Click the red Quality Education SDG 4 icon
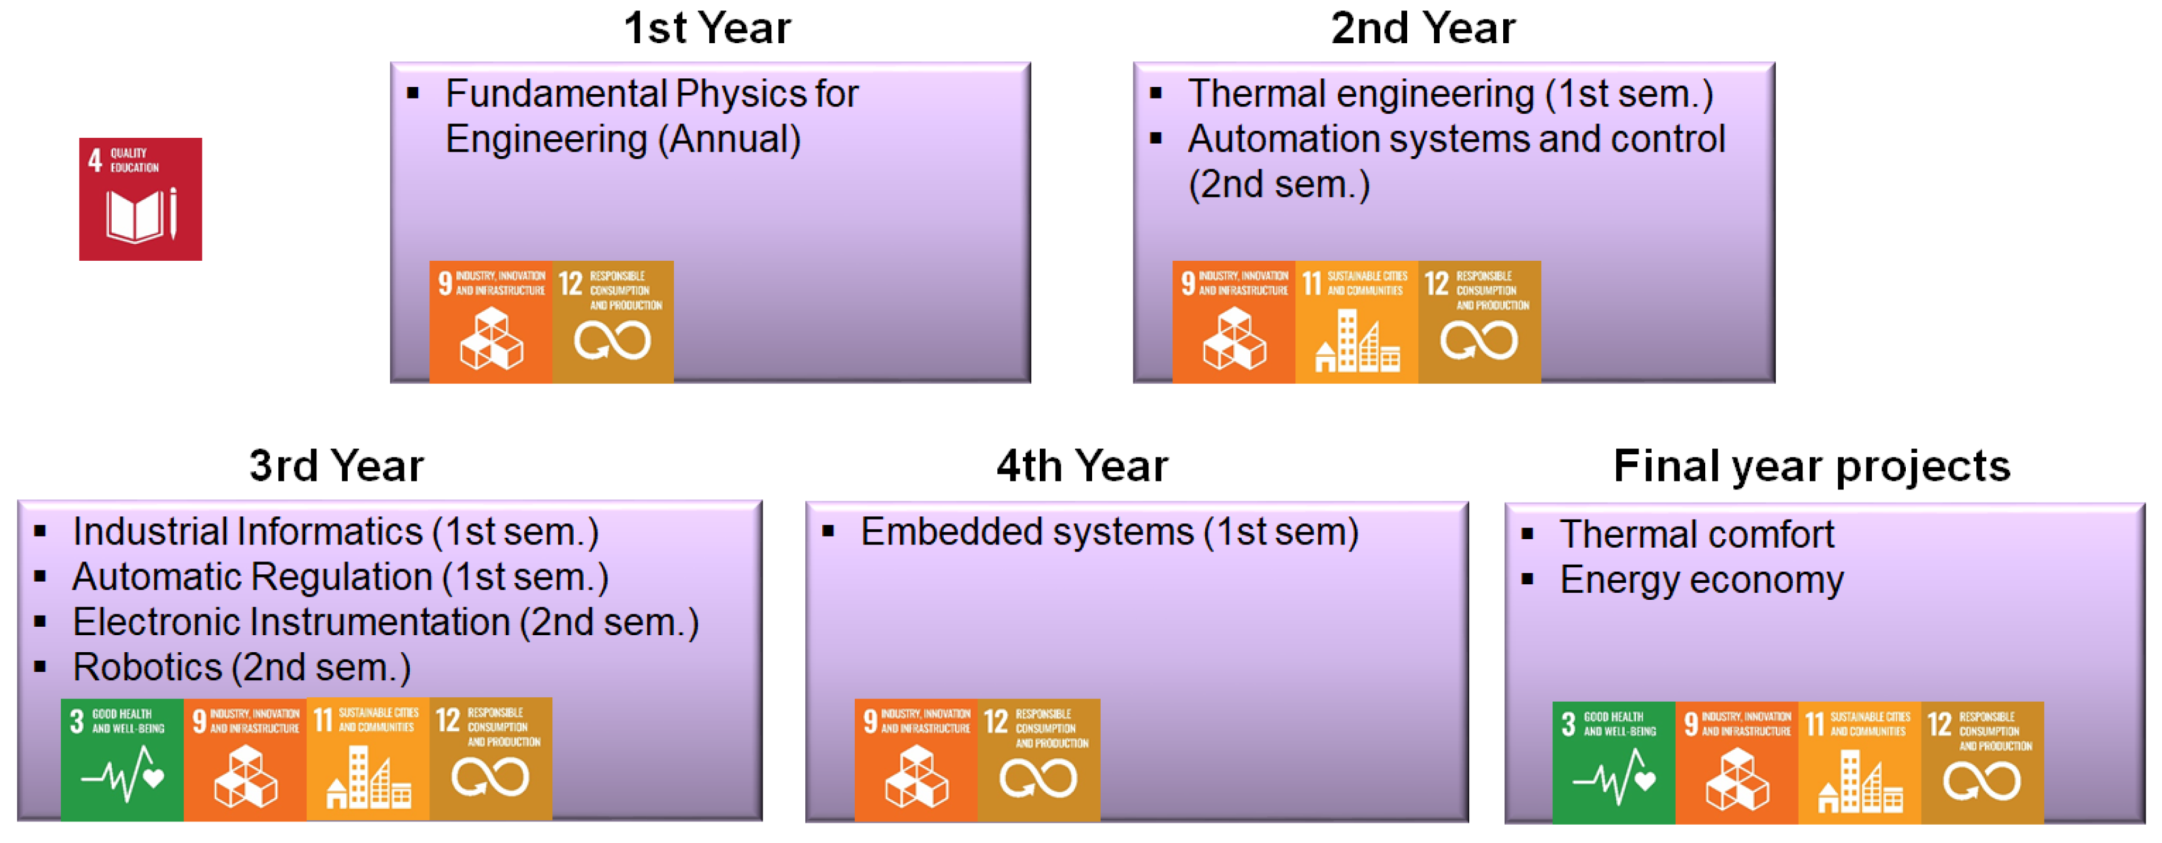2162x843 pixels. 140,199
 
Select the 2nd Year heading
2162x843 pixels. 1423,27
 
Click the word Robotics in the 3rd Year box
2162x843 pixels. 147,668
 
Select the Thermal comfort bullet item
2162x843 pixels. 1695,535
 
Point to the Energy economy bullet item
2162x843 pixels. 1701,580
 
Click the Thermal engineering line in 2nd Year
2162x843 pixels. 1450,93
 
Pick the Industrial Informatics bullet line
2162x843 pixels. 335,532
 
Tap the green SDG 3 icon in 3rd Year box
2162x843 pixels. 122,759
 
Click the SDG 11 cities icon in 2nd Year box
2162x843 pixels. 1355,322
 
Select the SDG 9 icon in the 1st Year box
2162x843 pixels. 491,322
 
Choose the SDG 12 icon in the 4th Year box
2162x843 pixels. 1039,760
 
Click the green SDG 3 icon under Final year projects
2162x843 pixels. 1613,763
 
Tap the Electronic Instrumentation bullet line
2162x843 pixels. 384,622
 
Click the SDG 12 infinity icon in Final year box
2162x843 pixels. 1982,763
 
